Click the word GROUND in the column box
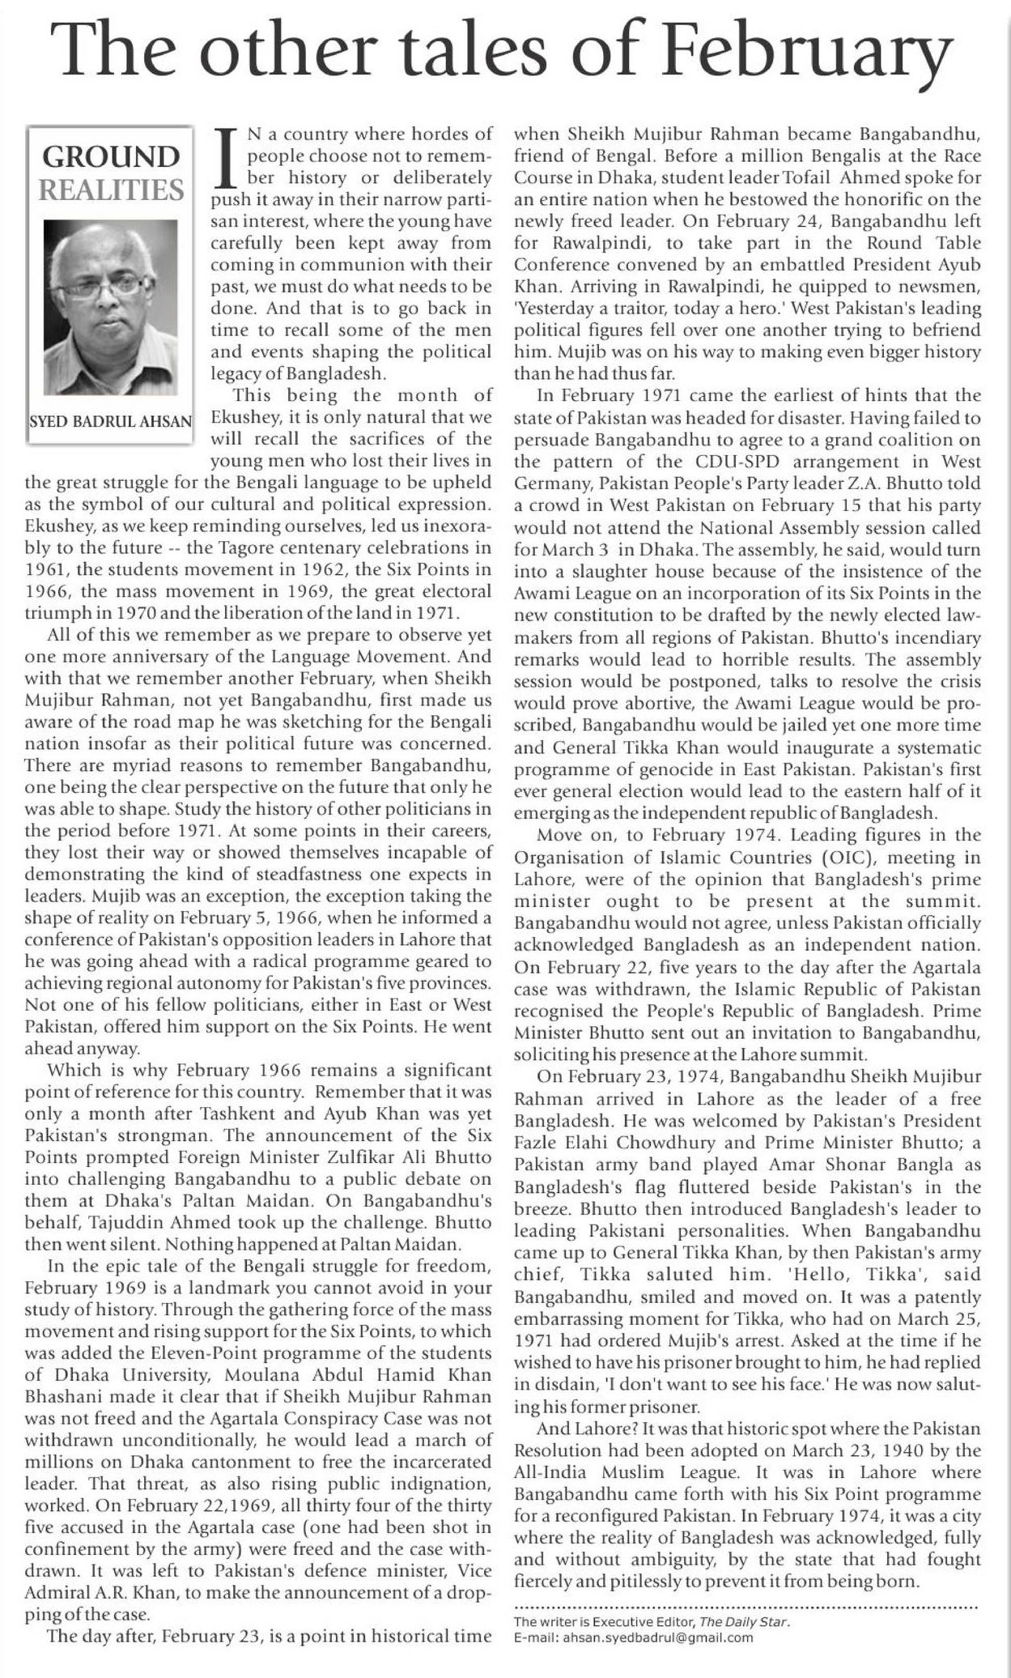[x=110, y=156]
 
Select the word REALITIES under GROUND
[x=110, y=190]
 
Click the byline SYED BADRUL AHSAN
[x=110, y=421]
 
